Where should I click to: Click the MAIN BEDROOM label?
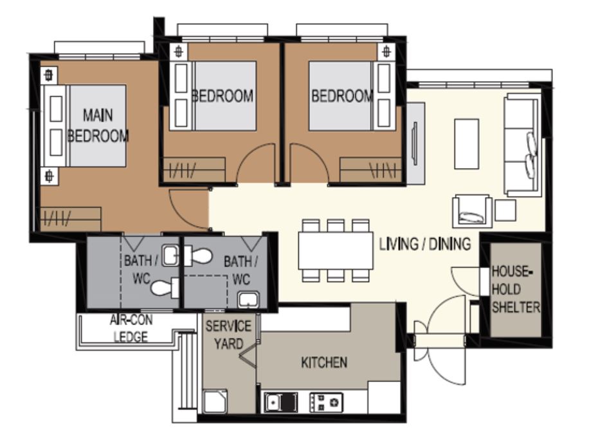tap(98, 126)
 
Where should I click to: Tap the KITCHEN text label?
tap(324, 362)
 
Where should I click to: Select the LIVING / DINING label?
tap(425, 243)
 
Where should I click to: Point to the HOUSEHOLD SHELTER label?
tap(516, 289)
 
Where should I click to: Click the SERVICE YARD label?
tap(228, 335)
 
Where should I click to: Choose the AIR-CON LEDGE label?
tap(131, 328)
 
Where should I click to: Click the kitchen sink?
tap(281, 402)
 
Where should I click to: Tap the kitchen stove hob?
tap(326, 402)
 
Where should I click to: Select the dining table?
tap(336, 250)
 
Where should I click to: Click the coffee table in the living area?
tap(466, 144)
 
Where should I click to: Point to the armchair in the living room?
tap(472, 211)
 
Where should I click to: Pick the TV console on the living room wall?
tap(415, 143)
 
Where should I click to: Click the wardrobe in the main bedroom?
tap(71, 219)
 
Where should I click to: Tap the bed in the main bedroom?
tap(84, 126)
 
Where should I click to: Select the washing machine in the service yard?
tap(215, 401)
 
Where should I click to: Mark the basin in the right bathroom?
tap(249, 299)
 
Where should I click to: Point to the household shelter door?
tap(466, 281)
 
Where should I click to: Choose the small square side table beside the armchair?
tap(505, 211)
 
